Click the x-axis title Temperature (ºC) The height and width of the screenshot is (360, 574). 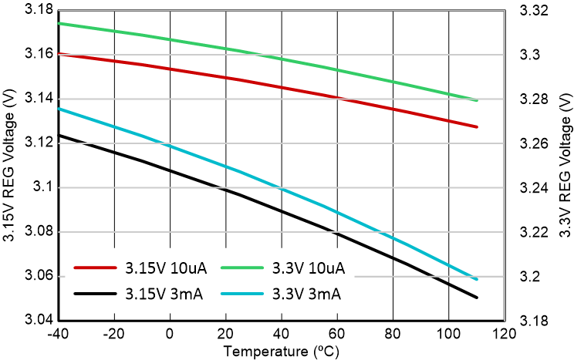(x=281, y=352)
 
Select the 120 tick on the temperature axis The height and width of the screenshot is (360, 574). (x=504, y=335)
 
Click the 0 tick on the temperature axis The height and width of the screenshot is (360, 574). (x=170, y=335)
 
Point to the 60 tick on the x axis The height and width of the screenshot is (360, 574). (x=337, y=335)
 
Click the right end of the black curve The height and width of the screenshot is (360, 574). (x=477, y=298)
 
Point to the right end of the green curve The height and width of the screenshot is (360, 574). (x=477, y=100)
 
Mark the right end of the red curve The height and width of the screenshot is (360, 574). (x=477, y=126)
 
